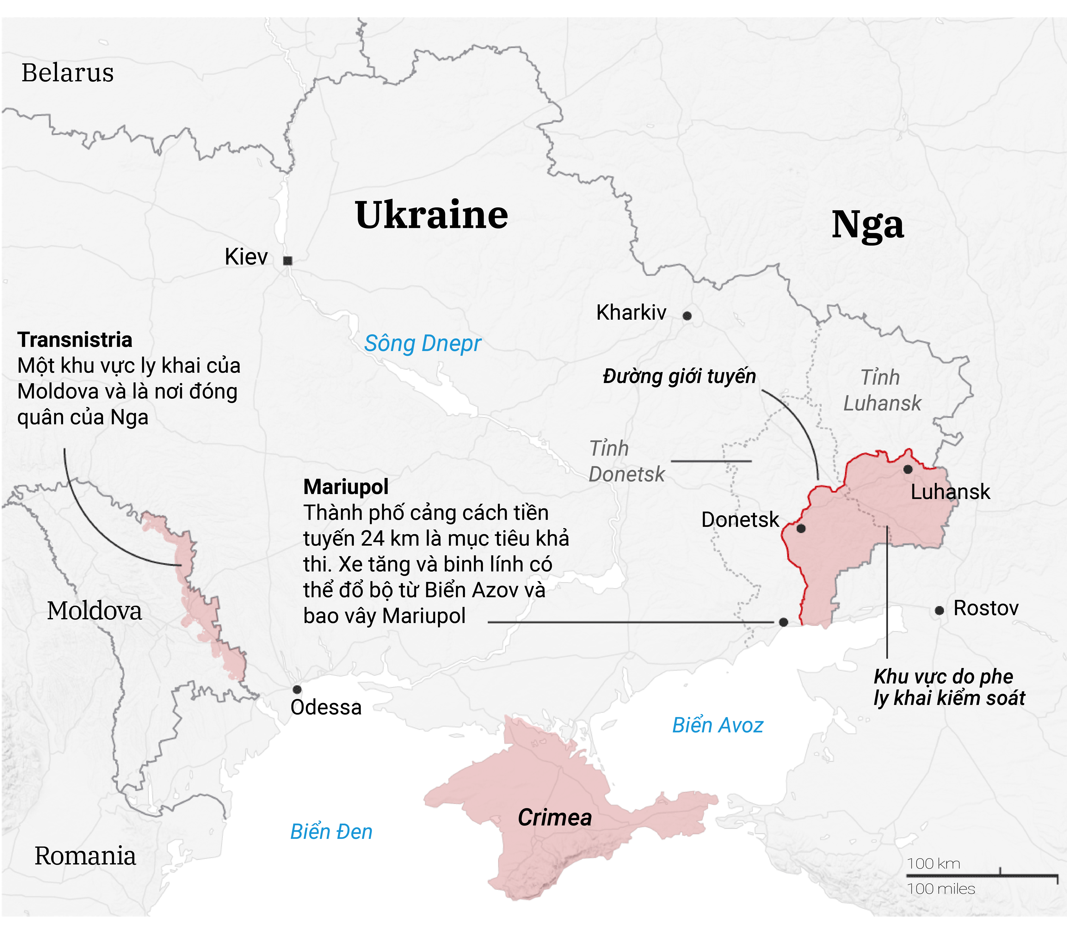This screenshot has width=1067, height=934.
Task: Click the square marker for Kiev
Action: click(287, 261)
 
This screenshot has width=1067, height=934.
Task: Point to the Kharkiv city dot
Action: click(687, 315)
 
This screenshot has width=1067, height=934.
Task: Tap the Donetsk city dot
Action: click(801, 528)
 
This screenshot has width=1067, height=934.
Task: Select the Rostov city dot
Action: click(939, 610)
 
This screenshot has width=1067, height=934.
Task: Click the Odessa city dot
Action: click(297, 689)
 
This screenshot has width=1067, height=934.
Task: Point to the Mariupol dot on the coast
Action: click(783, 622)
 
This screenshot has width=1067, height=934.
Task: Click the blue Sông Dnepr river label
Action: click(423, 343)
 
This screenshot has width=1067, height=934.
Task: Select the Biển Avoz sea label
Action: click(718, 725)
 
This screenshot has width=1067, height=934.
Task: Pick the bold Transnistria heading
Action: click(75, 340)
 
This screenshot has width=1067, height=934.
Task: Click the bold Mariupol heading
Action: click(346, 487)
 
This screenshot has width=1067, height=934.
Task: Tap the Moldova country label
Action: click(94, 611)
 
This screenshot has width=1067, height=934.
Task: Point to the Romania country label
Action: click(85, 856)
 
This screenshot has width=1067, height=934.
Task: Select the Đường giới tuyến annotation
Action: click(679, 376)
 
